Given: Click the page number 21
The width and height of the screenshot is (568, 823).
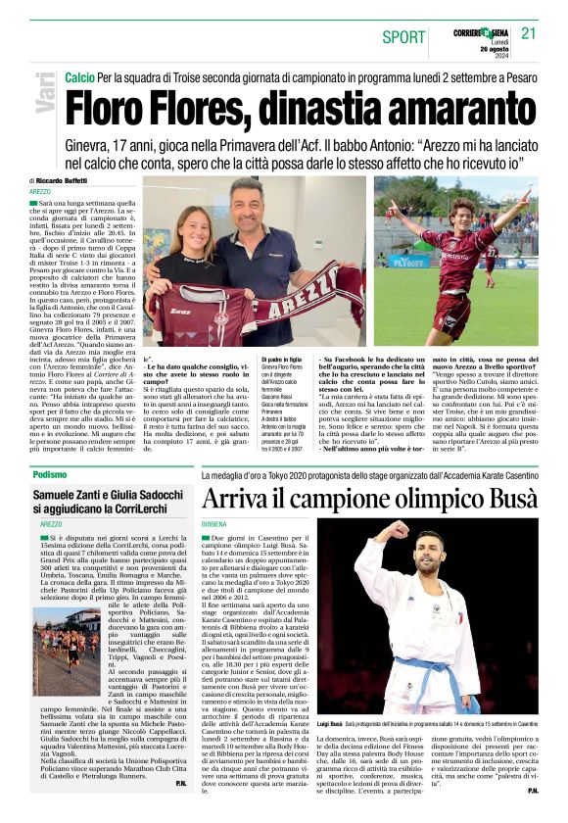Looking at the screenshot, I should [529, 33].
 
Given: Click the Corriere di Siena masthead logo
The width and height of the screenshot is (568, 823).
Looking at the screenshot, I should [480, 32].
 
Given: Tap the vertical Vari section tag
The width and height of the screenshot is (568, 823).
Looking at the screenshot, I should [45, 93].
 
